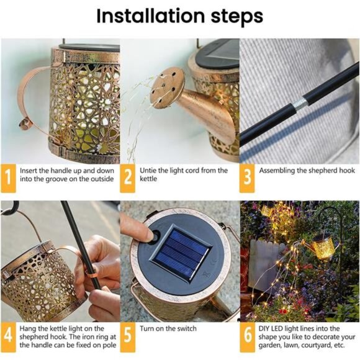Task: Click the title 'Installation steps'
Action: pos(179,17)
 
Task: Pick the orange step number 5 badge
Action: pos(127,335)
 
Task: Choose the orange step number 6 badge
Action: pos(247,335)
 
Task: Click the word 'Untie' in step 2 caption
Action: pos(150,170)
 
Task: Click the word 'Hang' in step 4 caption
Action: pos(30,329)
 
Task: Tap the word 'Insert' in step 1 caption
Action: pos(31,170)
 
